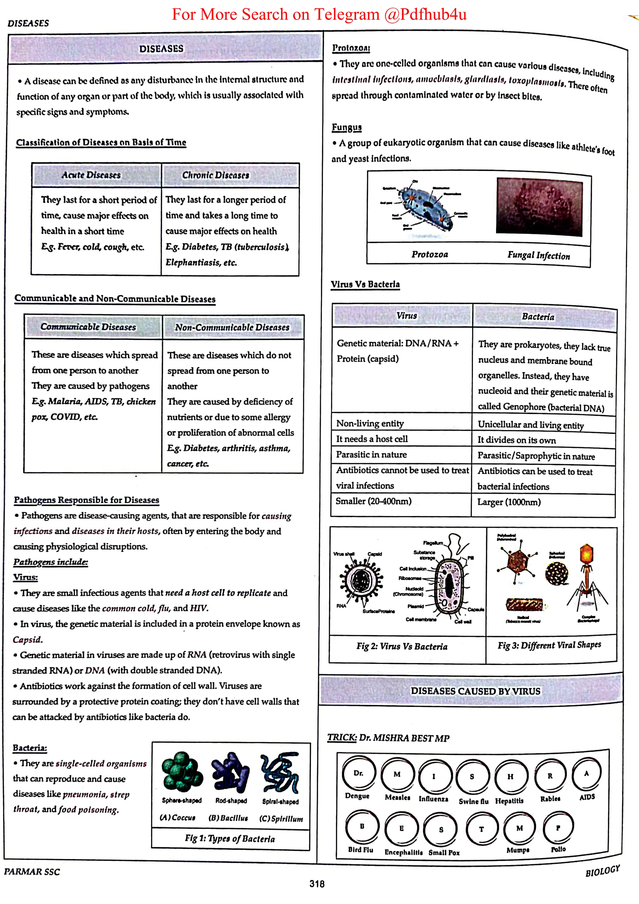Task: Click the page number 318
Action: pos(317,884)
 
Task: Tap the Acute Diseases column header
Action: pos(91,175)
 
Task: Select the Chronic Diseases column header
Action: pos(215,175)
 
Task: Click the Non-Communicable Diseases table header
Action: pos(232,327)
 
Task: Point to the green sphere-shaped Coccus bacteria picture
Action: pos(182,771)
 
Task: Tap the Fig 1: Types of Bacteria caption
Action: pos(230,838)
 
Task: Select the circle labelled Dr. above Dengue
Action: pos(358,773)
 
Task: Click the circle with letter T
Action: pos(481,829)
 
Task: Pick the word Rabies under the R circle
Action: pos(550,799)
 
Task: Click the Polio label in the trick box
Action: pos(558,849)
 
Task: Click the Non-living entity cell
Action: pos(370,424)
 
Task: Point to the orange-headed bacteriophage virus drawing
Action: pos(587,575)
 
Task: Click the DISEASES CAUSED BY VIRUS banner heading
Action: pos(475,691)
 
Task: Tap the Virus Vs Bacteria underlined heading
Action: pos(365,284)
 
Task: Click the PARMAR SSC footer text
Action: pos(32,872)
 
